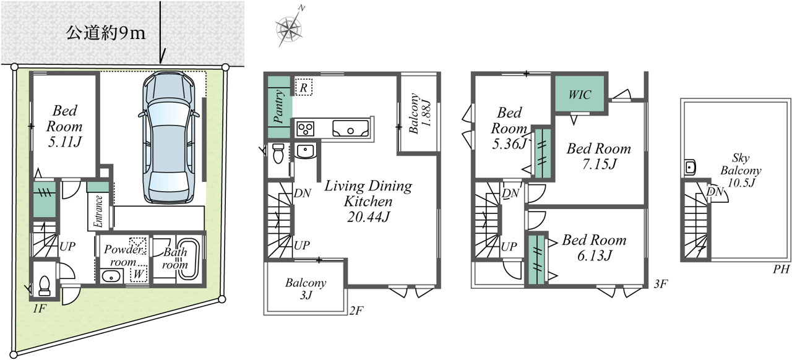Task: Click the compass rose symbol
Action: pyautogui.click(x=289, y=28)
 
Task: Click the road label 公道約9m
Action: pyautogui.click(x=106, y=33)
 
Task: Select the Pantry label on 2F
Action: pyautogui.click(x=279, y=106)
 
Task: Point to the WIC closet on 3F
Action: pyautogui.click(x=580, y=95)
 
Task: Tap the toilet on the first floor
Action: pyautogui.click(x=44, y=286)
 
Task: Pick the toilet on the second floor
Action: pyautogui.click(x=278, y=153)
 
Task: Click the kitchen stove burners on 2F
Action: pyautogui.click(x=306, y=128)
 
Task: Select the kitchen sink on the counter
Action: pyautogui.click(x=350, y=129)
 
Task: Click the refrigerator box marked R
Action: pyautogui.click(x=303, y=87)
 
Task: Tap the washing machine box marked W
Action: pyautogui.click(x=138, y=273)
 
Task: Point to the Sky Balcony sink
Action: pyautogui.click(x=690, y=167)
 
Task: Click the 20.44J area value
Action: pyautogui.click(x=368, y=216)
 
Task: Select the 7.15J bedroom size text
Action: pyautogui.click(x=600, y=164)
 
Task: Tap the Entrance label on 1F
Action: pyautogui.click(x=98, y=211)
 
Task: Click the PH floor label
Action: pyautogui.click(x=781, y=270)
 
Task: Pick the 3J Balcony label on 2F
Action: pyautogui.click(x=306, y=289)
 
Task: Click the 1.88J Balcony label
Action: pyautogui.click(x=420, y=114)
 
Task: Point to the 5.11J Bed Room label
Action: pyautogui.click(x=64, y=126)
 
